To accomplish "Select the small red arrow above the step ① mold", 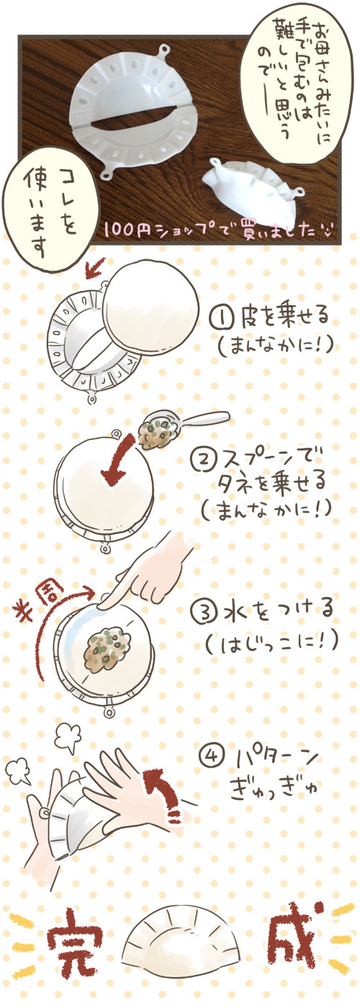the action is [x=95, y=268].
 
